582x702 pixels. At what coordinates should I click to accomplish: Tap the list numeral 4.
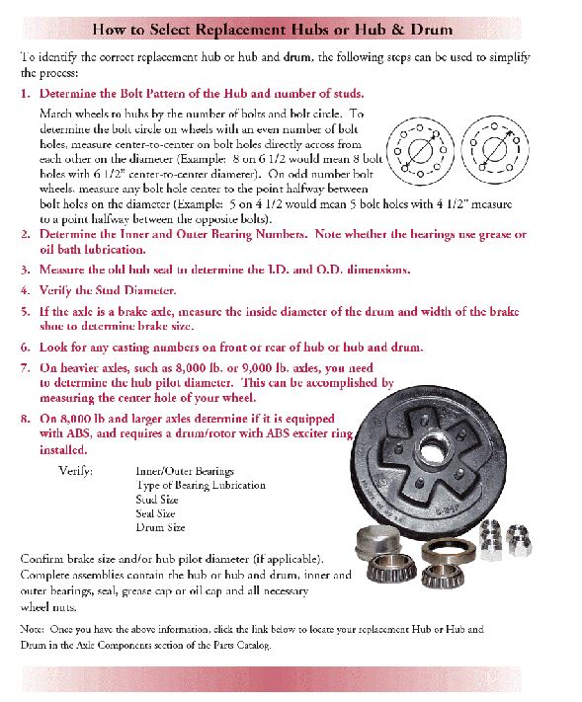tap(26, 291)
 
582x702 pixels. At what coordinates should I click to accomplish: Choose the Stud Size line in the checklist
tap(156, 500)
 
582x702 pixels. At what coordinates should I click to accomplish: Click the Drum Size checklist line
tap(160, 527)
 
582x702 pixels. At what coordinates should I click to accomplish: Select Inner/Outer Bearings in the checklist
tap(185, 471)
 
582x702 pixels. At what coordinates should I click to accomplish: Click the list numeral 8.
tap(26, 419)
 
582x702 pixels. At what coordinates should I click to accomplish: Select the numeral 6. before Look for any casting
tap(26, 348)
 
